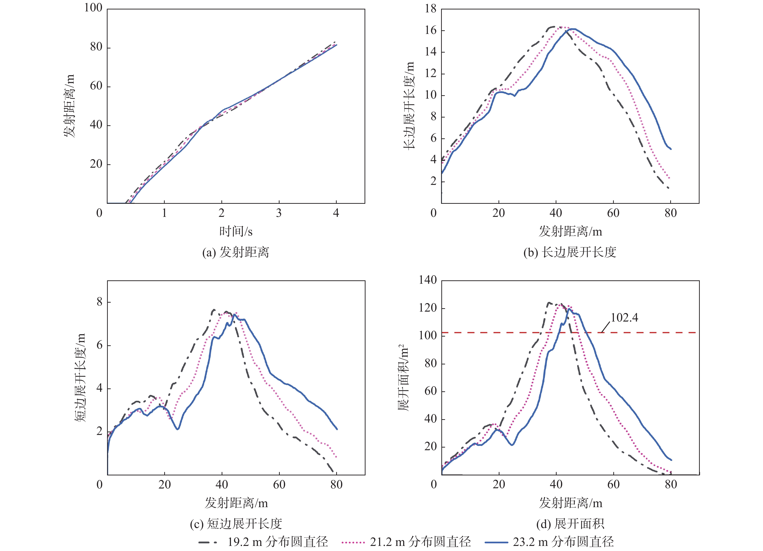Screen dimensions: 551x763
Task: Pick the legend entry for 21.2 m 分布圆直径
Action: tap(406, 542)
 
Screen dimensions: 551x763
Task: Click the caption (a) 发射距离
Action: tap(235, 252)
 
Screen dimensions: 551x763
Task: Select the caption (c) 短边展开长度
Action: tap(235, 523)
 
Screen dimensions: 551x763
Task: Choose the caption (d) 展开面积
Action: tap(570, 523)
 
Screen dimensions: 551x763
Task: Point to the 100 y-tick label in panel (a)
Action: tap(93, 8)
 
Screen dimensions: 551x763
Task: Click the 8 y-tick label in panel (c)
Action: tap(99, 302)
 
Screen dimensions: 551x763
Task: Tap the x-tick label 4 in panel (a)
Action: tap(336, 213)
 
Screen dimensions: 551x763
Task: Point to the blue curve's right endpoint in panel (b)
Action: tap(671, 149)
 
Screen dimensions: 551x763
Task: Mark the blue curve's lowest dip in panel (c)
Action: tap(177, 429)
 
